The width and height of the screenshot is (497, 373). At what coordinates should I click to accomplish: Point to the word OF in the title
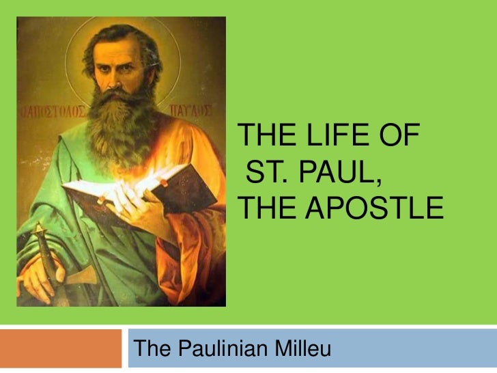point(402,138)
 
